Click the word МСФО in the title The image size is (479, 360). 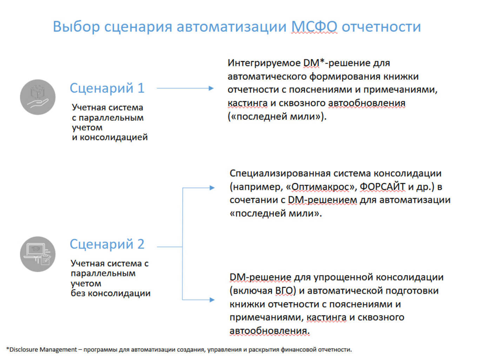(314, 27)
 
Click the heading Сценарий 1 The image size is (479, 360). (107, 88)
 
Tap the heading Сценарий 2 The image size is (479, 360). (107, 244)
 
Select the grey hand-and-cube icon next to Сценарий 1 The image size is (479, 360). (38, 97)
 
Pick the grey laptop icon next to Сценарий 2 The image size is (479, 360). (38, 254)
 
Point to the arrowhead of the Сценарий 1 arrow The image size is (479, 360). (211, 88)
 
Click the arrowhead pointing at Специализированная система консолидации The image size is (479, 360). (212, 188)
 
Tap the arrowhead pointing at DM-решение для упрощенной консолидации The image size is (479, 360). (212, 300)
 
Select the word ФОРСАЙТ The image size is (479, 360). (382, 187)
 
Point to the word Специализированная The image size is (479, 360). (280, 173)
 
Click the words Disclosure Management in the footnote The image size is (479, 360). (43, 349)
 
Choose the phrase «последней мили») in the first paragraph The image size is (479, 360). (277, 116)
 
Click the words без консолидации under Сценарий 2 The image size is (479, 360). (110, 293)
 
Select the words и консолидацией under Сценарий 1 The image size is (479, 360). (109, 137)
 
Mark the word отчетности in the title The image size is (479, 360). (381, 27)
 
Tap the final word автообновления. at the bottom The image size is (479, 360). (270, 331)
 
